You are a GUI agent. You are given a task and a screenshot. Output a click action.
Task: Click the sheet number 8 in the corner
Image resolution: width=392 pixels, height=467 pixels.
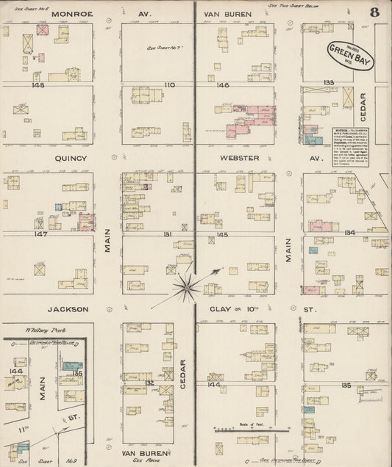(376, 11)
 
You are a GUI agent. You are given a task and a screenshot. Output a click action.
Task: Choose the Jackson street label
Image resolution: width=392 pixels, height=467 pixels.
(69, 309)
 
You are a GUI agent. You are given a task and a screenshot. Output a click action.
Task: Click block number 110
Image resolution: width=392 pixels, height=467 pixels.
(171, 85)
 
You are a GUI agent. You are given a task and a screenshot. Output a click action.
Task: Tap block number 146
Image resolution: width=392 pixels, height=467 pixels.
(223, 85)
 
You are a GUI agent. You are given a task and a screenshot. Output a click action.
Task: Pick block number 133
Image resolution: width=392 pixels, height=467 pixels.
(328, 82)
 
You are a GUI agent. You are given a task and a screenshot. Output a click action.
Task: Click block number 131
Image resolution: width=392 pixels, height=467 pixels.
(168, 234)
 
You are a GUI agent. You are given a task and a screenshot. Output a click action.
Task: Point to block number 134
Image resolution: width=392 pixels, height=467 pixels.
(349, 233)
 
